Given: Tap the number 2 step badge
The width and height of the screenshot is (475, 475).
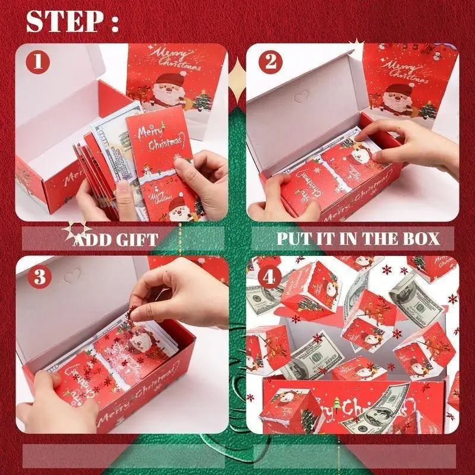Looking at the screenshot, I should tap(271, 61).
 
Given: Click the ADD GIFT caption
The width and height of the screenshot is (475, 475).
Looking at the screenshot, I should tap(116, 240).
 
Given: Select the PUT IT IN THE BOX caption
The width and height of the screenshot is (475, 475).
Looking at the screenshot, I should tap(358, 239).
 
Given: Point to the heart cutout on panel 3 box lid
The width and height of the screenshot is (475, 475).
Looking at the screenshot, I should tap(72, 275).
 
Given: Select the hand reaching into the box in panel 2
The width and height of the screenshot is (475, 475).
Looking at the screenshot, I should tap(410, 142).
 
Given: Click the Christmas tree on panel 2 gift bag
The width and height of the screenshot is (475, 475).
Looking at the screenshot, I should tap(427, 110).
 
